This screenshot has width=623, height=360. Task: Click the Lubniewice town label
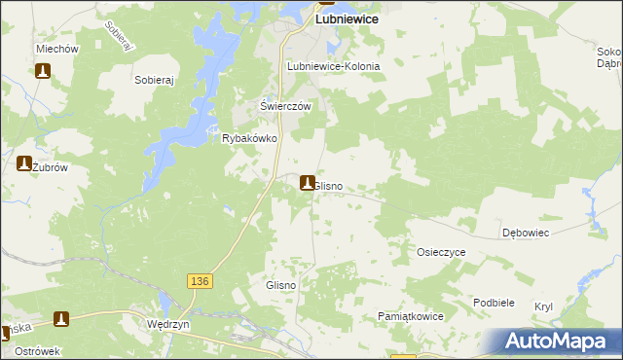[x=346, y=18]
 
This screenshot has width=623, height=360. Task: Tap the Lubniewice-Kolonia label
[x=333, y=66]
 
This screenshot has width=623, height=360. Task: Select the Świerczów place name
[x=284, y=106]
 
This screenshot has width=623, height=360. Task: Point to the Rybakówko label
[x=251, y=139]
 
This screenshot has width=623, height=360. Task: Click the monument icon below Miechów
[x=43, y=71]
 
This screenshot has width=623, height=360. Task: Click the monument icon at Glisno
[x=308, y=182]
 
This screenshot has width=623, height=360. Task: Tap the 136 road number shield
[x=199, y=280]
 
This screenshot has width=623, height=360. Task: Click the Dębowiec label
[x=527, y=234]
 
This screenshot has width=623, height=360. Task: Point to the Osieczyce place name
[x=441, y=252]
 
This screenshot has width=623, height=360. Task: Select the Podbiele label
[x=494, y=303]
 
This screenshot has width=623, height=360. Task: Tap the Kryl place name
[x=543, y=306]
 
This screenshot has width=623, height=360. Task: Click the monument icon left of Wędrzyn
[x=61, y=318]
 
